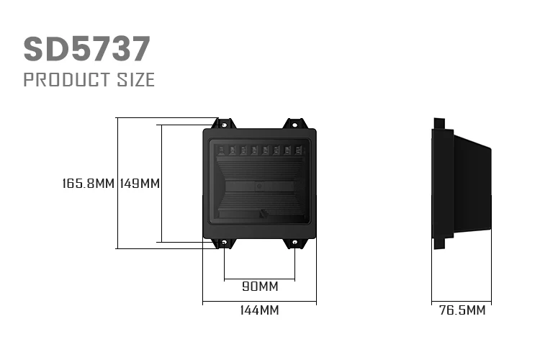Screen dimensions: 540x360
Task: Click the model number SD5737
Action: (x=87, y=49)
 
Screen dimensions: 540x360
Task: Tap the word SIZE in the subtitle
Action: (x=136, y=80)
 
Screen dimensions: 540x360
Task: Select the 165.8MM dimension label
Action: (x=88, y=184)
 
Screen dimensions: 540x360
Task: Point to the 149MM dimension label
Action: (x=140, y=184)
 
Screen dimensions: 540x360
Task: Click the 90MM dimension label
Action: (x=260, y=287)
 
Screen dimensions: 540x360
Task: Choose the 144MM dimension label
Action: (x=260, y=310)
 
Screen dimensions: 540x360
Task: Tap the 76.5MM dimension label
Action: (x=462, y=310)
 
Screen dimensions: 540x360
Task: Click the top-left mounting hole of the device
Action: (x=224, y=125)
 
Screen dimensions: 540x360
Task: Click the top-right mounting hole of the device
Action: (x=294, y=125)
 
